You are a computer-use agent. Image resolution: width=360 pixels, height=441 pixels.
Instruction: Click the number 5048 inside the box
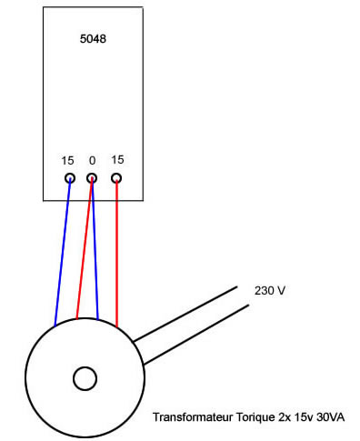(x=94, y=41)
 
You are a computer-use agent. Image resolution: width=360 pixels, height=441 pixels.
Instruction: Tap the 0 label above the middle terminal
(x=92, y=160)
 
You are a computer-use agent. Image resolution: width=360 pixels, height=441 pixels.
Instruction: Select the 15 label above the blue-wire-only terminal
(x=67, y=160)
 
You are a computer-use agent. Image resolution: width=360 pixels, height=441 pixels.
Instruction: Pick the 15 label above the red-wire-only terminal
(x=117, y=159)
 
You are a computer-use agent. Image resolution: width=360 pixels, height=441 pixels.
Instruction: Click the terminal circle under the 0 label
(x=92, y=178)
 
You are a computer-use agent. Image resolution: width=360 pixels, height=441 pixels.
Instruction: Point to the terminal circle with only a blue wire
(x=69, y=178)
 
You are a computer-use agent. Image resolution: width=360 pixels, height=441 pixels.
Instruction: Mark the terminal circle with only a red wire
(x=116, y=178)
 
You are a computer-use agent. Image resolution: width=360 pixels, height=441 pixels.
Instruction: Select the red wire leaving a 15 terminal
(x=116, y=255)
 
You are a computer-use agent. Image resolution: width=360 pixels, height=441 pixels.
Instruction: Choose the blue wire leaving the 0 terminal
(x=95, y=255)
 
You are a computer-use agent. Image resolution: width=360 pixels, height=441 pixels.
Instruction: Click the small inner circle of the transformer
(x=85, y=378)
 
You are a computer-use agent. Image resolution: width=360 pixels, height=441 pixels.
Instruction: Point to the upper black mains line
(x=191, y=315)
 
